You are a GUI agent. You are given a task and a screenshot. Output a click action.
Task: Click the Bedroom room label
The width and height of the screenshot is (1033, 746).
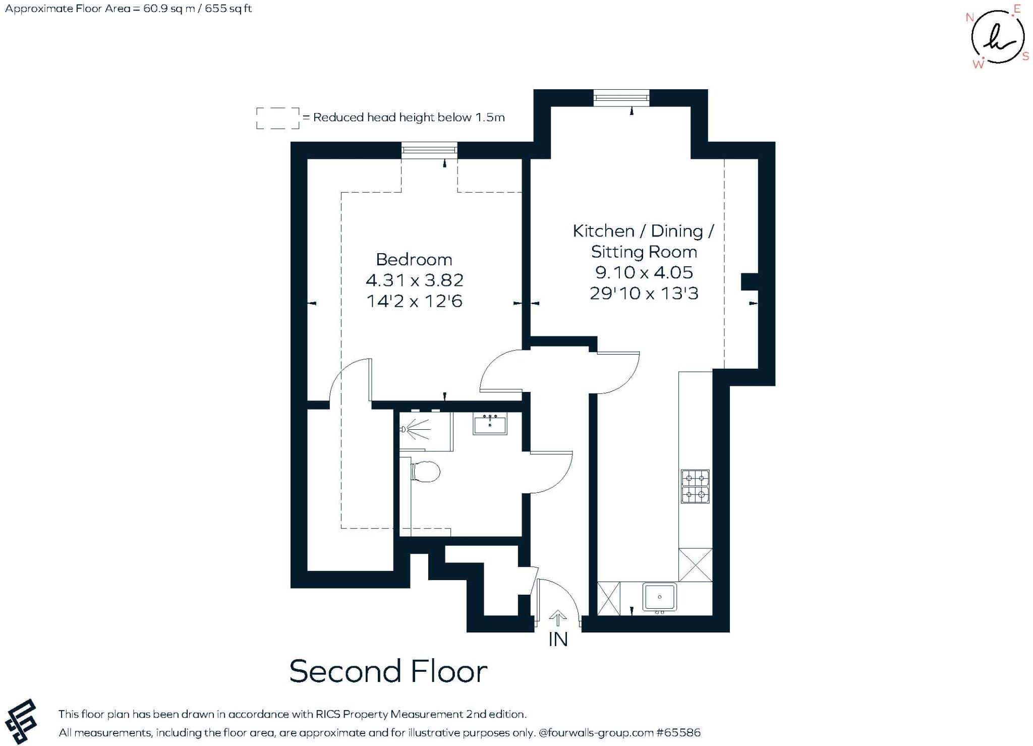[x=414, y=259]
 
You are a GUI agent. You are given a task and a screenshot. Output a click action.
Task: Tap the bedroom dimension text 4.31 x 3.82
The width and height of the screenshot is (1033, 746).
[x=414, y=280]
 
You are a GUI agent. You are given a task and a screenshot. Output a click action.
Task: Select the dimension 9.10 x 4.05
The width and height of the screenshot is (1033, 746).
[x=644, y=272]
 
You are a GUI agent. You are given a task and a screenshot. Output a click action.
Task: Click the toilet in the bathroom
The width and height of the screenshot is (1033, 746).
[x=426, y=472]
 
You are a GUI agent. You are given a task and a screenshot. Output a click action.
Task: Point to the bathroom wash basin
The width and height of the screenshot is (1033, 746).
[x=490, y=424]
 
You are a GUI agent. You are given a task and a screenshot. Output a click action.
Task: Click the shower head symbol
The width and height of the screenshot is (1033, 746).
[x=404, y=429]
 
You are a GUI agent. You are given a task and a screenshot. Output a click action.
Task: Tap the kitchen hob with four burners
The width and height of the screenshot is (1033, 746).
[x=695, y=486]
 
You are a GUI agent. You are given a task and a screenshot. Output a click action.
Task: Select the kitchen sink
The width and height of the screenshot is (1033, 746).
[x=659, y=597]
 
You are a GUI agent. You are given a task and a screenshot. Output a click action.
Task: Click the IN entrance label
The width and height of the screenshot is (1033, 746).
[x=558, y=640]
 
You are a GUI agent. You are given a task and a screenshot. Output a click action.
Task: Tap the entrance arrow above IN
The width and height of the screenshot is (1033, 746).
[x=557, y=618]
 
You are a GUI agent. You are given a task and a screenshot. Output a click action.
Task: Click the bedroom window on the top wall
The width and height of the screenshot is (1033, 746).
[x=429, y=150]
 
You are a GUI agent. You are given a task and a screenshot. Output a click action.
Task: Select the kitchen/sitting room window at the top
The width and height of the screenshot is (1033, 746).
[x=621, y=98]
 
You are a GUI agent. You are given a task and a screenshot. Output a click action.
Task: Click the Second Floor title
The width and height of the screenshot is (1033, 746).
[x=388, y=671]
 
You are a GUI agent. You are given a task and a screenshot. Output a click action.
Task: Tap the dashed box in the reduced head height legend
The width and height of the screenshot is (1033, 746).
[x=277, y=118]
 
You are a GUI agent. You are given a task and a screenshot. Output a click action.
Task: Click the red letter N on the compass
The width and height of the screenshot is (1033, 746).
[x=969, y=18]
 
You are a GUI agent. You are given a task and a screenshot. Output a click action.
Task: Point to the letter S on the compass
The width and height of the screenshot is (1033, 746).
[x=1025, y=56]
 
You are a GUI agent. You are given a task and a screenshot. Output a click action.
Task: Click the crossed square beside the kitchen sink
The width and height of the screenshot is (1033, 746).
[x=608, y=598]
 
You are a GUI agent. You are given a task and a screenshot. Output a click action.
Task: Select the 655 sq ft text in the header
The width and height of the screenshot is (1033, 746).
[x=228, y=9]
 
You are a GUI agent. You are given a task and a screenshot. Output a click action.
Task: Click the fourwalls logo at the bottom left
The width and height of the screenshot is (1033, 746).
[x=21, y=721]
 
